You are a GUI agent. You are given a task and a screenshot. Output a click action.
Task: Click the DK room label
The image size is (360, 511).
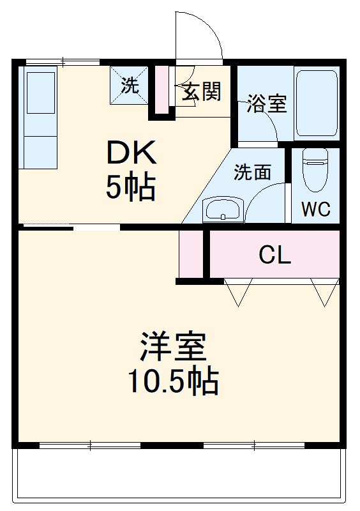tap(131, 153)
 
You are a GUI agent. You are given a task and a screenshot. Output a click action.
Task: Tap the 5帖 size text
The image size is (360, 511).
tap(131, 187)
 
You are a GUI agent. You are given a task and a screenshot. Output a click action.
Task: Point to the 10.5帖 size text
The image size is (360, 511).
tap(172, 382)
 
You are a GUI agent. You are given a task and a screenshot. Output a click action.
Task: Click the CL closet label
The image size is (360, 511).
tap(274, 256)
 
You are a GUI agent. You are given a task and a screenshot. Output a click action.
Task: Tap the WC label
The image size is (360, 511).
tap(315, 210)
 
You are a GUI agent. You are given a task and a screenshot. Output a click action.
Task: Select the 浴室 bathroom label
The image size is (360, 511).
tap(267, 104)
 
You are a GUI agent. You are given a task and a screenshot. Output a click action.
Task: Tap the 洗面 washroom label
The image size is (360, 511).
tap(252, 172)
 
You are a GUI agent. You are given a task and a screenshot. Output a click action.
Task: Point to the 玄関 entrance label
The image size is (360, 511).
tap(202, 92)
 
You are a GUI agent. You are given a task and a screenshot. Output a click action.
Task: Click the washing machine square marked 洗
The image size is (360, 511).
tap(130, 86)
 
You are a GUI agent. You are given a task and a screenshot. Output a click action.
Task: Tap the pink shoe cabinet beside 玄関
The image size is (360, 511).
tap(162, 89)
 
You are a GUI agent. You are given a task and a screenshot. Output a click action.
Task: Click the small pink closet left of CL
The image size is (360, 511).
tap(191, 254)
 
